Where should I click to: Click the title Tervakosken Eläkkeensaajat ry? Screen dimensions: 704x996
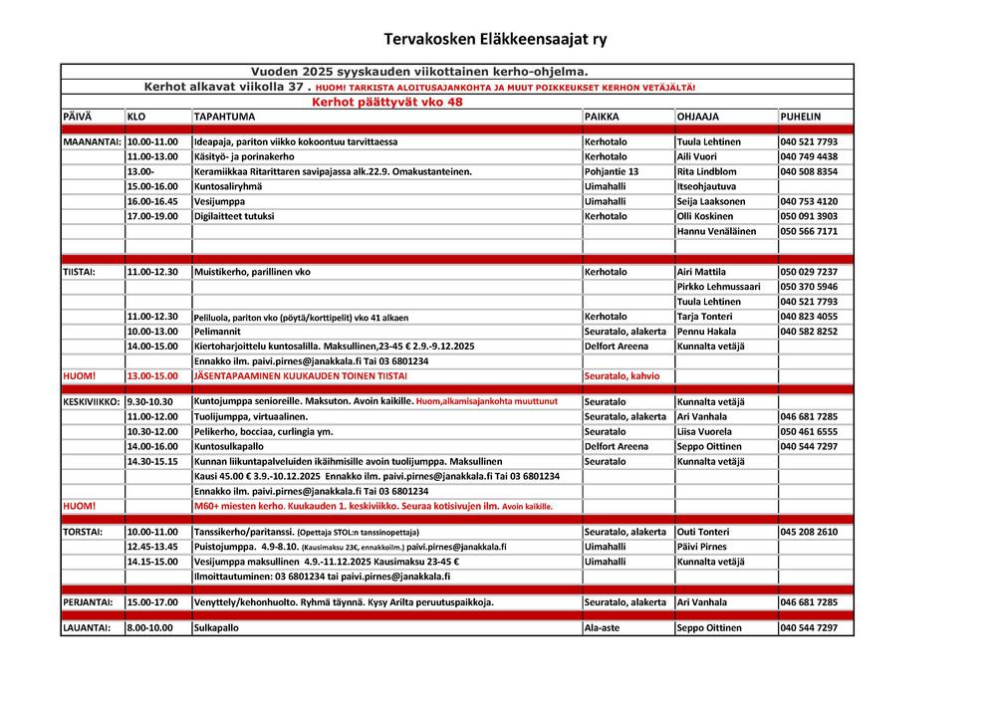pyautogui.click(x=496, y=40)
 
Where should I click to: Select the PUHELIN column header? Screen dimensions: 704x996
pyautogui.click(x=801, y=117)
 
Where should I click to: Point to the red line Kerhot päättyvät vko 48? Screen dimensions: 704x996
pyautogui.click(x=387, y=102)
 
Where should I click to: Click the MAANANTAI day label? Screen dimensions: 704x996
pyautogui.click(x=93, y=141)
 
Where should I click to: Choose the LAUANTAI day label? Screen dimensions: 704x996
pyautogui.click(x=89, y=628)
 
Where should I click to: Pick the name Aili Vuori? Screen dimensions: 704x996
pyautogui.click(x=697, y=156)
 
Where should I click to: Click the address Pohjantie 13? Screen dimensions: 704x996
pyautogui.click(x=612, y=171)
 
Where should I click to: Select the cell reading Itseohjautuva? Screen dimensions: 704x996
pyautogui.click(x=706, y=186)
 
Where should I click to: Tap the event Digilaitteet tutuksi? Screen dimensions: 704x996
pyautogui.click(x=234, y=216)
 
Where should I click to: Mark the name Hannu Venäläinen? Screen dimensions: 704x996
pyautogui.click(x=716, y=231)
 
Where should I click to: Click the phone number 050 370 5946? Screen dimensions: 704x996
pyautogui.click(x=809, y=287)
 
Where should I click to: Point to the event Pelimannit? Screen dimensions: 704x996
pyautogui.click(x=217, y=332)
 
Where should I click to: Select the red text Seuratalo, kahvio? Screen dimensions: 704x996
pyautogui.click(x=622, y=376)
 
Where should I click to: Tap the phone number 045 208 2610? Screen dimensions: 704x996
pyautogui.click(x=809, y=532)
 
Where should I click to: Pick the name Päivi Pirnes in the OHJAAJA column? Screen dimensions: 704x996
pyautogui.click(x=701, y=547)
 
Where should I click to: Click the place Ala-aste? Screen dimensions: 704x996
pyautogui.click(x=603, y=628)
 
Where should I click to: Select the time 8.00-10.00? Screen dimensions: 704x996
pyautogui.click(x=149, y=628)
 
